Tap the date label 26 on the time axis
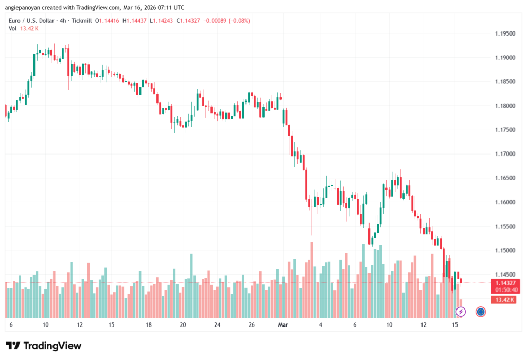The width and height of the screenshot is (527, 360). [x=252, y=325]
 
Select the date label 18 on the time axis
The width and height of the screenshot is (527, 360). [x=148, y=325]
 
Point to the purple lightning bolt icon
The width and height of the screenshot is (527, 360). [x=461, y=312]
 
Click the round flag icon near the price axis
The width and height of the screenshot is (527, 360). [x=481, y=312]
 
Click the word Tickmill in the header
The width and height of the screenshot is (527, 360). [x=80, y=21]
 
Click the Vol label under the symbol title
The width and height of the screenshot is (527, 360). [x=13, y=28]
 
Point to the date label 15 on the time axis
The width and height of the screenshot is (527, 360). [x=455, y=325]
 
